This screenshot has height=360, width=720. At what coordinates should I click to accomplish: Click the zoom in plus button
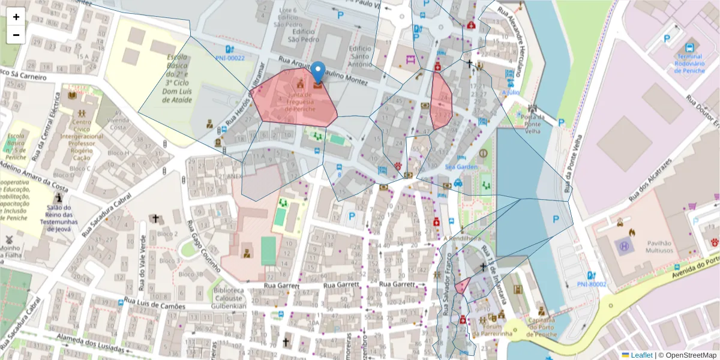[x=16, y=17]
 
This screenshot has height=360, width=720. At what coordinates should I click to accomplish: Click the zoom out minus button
[x=16, y=35]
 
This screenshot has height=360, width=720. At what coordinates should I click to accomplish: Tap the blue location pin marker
[x=318, y=73]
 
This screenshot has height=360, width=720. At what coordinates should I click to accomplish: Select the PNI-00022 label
[x=230, y=58]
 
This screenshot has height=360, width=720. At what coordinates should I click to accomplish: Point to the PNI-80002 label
[x=591, y=284]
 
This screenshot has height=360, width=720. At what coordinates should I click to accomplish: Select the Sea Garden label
[x=460, y=166]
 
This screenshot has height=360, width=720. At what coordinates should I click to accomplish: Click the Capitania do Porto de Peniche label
[x=541, y=327]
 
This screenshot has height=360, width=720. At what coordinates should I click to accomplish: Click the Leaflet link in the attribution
[x=641, y=355]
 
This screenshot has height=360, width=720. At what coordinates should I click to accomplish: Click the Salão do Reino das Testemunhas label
[x=59, y=218]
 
